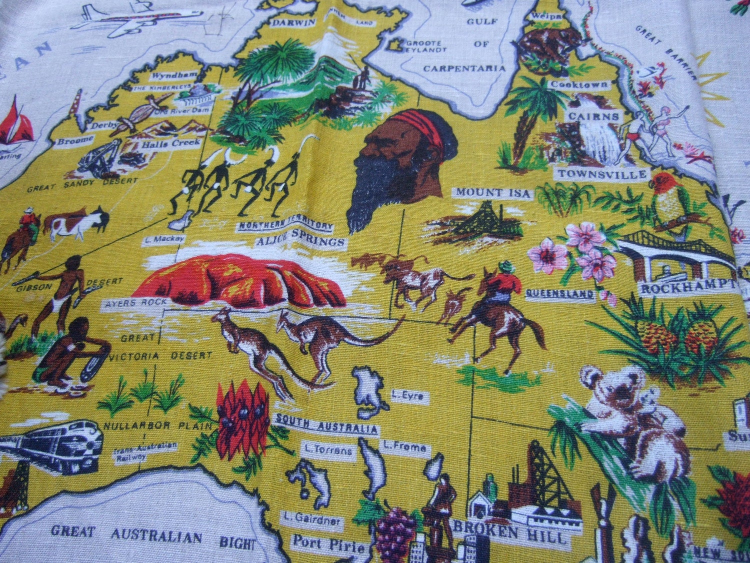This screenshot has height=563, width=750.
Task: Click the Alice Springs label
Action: (x=300, y=242)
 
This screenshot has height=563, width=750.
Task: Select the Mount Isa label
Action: (x=492, y=193)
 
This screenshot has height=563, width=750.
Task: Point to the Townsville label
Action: (x=602, y=174)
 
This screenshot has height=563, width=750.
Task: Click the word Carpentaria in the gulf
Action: (x=464, y=68)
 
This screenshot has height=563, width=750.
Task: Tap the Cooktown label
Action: (x=579, y=85)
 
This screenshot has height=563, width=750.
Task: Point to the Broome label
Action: (x=75, y=141)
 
